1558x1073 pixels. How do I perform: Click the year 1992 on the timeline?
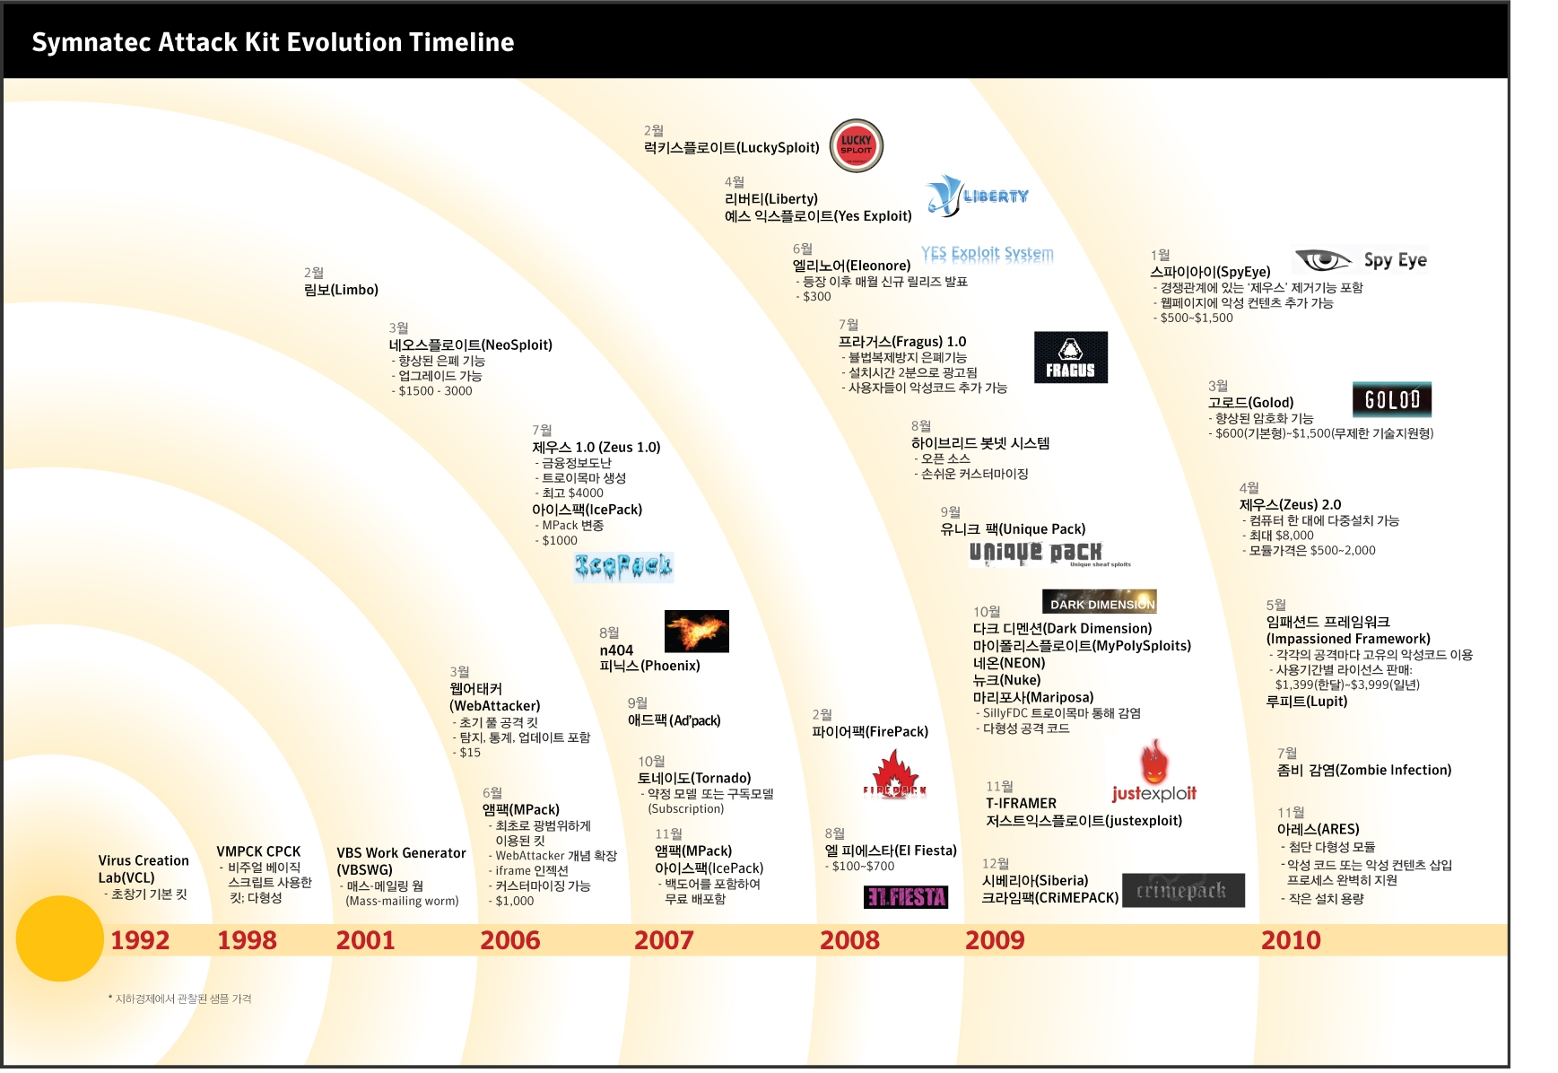pyautogui.click(x=140, y=940)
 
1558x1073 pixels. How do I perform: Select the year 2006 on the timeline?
pyautogui.click(x=509, y=940)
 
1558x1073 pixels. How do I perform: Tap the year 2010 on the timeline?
pyautogui.click(x=1291, y=940)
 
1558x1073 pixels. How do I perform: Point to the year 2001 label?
pyautogui.click(x=365, y=940)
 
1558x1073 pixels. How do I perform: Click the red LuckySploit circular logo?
pyautogui.click(x=856, y=145)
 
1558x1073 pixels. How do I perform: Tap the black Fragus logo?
pyautogui.click(x=1070, y=357)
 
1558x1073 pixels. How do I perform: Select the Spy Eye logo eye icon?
pyautogui.click(x=1322, y=260)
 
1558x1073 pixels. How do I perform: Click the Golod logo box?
pyautogui.click(x=1391, y=399)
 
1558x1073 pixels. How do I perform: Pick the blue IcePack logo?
pyautogui.click(x=623, y=566)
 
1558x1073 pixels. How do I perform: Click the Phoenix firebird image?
pyautogui.click(x=696, y=631)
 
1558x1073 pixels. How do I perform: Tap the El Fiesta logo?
pyautogui.click(x=906, y=896)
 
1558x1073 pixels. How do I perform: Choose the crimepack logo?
pyautogui.click(x=1182, y=890)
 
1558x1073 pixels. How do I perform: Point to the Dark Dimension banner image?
pyautogui.click(x=1100, y=602)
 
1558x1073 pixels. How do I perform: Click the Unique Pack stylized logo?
pyautogui.click(x=1036, y=553)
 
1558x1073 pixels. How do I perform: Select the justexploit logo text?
pyautogui.click(x=1153, y=793)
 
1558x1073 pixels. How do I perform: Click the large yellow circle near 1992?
pyautogui.click(x=60, y=938)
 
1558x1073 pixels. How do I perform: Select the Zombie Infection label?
pyautogui.click(x=1363, y=770)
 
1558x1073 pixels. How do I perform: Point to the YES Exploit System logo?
pyautogui.click(x=987, y=254)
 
